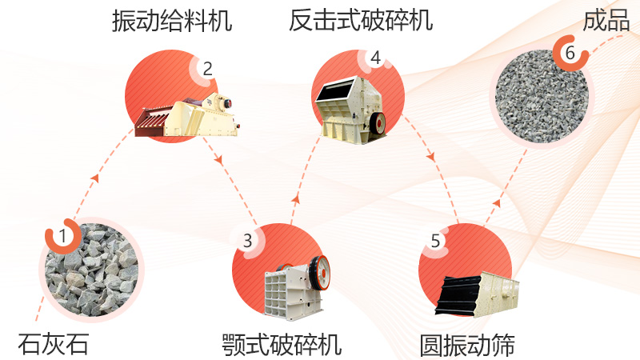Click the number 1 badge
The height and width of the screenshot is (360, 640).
pos(61,236)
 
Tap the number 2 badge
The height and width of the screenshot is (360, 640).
pos(207,69)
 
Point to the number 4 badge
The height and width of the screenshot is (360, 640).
pos(375,58)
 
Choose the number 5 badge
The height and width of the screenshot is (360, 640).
pos(435,240)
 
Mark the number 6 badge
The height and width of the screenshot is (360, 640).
pos(570,53)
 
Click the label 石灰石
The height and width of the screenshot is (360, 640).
pos(54,344)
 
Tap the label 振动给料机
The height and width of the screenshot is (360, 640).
pos(172,20)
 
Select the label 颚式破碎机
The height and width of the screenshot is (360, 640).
pos(282,345)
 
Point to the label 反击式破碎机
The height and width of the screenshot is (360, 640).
pos(361,20)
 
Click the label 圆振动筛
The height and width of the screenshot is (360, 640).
pos(467,345)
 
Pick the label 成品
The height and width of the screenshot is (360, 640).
pos(606,20)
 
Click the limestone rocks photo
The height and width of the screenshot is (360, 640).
pos(91,268)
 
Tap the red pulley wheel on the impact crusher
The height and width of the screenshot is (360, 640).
pos(380,122)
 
